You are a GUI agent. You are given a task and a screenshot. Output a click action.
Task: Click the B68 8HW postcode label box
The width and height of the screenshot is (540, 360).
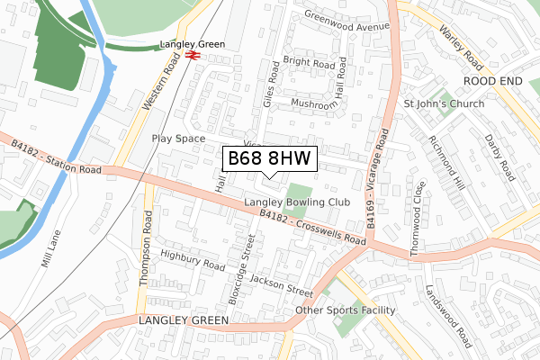(x=268, y=158)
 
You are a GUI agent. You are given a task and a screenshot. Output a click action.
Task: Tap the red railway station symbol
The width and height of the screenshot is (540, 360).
(x=193, y=55)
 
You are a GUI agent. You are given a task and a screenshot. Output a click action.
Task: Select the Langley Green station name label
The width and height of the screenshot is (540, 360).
(x=190, y=42)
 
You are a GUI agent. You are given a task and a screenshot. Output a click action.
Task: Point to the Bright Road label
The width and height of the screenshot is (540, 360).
(x=309, y=64)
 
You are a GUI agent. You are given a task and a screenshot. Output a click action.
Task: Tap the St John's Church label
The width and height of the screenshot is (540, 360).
(x=444, y=103)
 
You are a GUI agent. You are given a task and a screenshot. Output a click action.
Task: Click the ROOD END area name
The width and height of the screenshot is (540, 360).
(x=493, y=80)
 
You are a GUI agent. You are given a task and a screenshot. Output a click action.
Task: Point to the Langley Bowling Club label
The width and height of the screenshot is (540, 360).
(x=296, y=203)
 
